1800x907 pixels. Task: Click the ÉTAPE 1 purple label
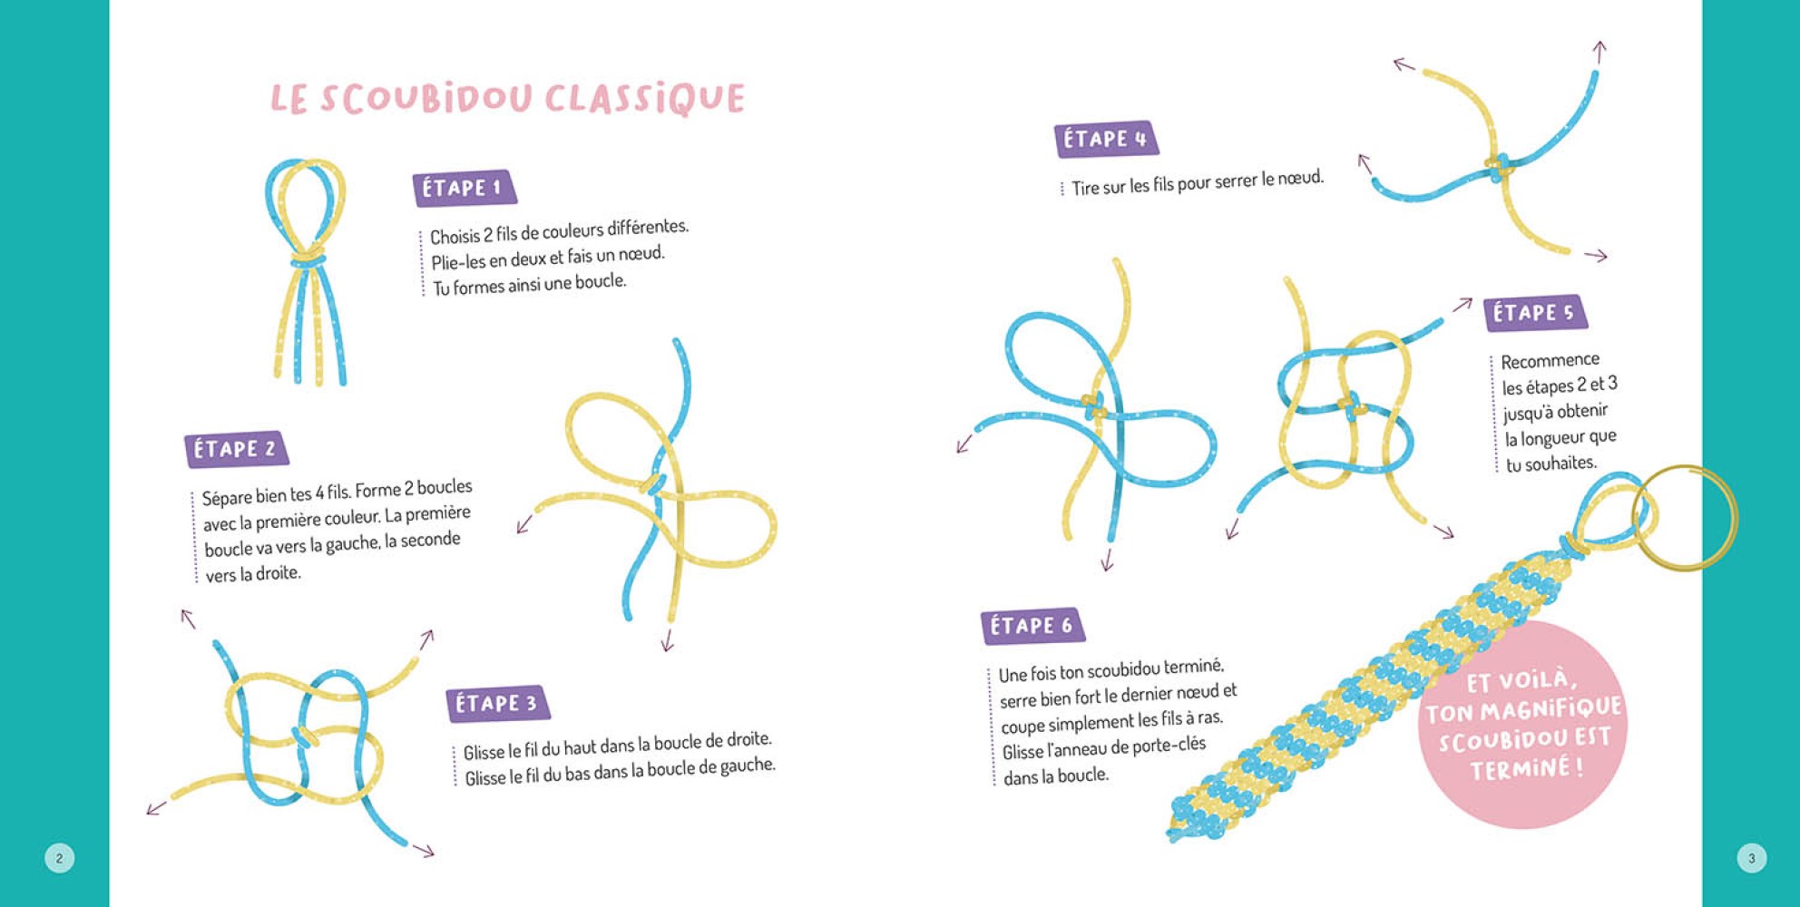point(465,188)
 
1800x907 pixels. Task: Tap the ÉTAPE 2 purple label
point(236,449)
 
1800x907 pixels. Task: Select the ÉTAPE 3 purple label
point(498,704)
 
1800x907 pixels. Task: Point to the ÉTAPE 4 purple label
point(1106,139)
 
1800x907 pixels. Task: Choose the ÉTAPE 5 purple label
point(1535,313)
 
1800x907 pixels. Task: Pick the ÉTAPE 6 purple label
point(1032,626)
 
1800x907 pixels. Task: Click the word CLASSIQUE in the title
point(645,98)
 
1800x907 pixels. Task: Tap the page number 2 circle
point(60,858)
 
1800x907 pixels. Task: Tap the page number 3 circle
point(1752,858)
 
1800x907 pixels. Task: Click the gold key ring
point(1685,518)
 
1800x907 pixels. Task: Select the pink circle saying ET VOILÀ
point(1523,725)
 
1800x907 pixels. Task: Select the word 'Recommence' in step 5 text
point(1550,361)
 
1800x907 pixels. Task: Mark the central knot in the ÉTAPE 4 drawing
point(1499,166)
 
